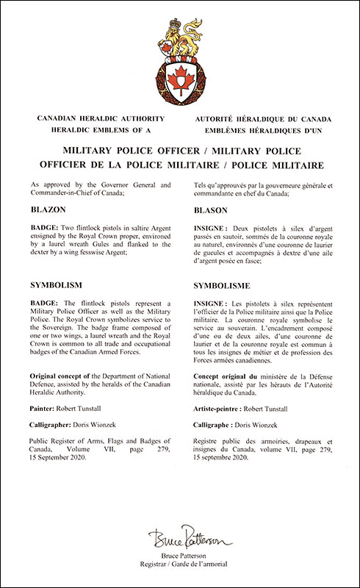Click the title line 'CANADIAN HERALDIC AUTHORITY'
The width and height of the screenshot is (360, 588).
coord(93,118)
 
